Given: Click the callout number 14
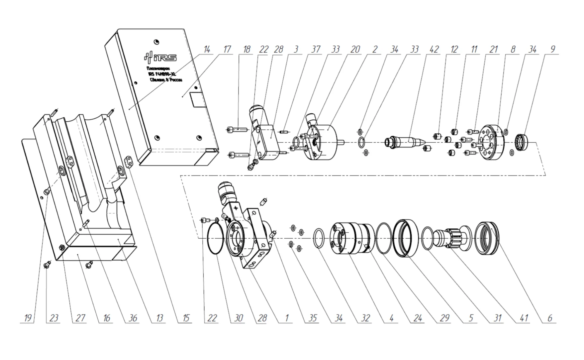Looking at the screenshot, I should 207,50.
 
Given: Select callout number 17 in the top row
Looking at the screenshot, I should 227,50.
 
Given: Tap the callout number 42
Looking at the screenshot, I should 434,50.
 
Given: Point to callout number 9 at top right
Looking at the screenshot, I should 552,50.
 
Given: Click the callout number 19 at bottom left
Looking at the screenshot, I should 28,318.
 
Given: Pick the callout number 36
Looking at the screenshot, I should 133,318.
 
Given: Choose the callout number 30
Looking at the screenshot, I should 239,318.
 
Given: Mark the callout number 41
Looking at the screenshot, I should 524,318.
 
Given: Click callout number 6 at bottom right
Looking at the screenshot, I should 550,318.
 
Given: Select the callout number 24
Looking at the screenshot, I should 418,318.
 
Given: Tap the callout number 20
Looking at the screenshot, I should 355,50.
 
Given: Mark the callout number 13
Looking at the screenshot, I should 159,318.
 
